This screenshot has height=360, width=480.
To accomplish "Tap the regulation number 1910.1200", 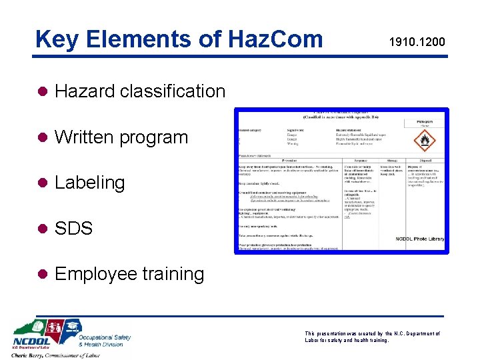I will (x=417, y=43).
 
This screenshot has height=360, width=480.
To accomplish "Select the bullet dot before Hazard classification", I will (x=42, y=91).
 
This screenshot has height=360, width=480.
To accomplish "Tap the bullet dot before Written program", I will (x=42, y=137).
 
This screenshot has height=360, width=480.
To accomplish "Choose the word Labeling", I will (x=90, y=183).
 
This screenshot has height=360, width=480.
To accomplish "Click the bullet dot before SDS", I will (x=42, y=229).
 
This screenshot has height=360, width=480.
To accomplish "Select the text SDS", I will (x=73, y=229).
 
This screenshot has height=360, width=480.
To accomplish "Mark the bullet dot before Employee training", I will (x=42, y=274).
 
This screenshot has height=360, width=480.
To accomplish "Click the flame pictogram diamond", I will (x=425, y=141).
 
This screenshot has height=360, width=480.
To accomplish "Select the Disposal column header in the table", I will (x=426, y=160).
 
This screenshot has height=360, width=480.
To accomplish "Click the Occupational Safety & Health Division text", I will (x=105, y=341).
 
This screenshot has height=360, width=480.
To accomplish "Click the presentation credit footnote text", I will (x=372, y=337).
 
